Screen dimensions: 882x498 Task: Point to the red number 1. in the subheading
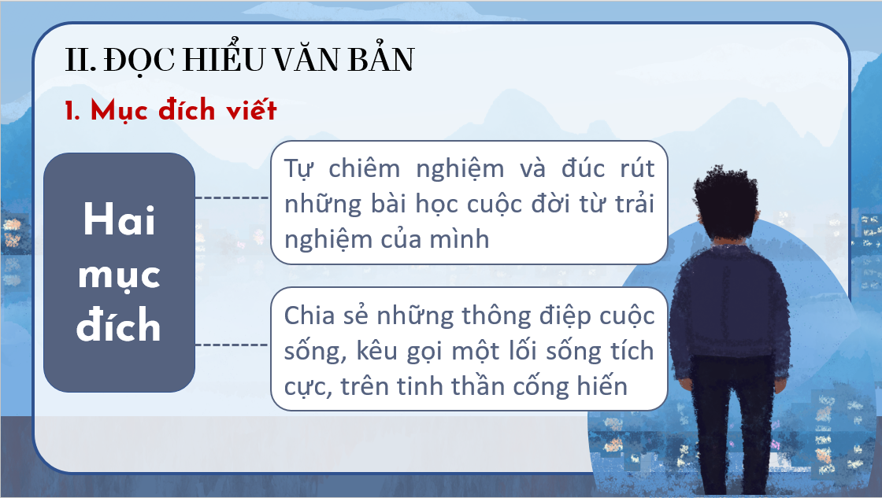point(72,110)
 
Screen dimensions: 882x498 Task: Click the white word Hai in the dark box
point(119,219)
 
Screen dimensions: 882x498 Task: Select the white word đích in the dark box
point(119,324)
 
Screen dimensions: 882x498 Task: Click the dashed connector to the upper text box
point(232,197)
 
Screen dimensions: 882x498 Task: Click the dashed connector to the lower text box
point(232,345)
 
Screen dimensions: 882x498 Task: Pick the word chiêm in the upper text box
point(365,168)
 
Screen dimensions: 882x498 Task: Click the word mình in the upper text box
point(460,239)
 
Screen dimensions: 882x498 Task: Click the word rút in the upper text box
point(637,168)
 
